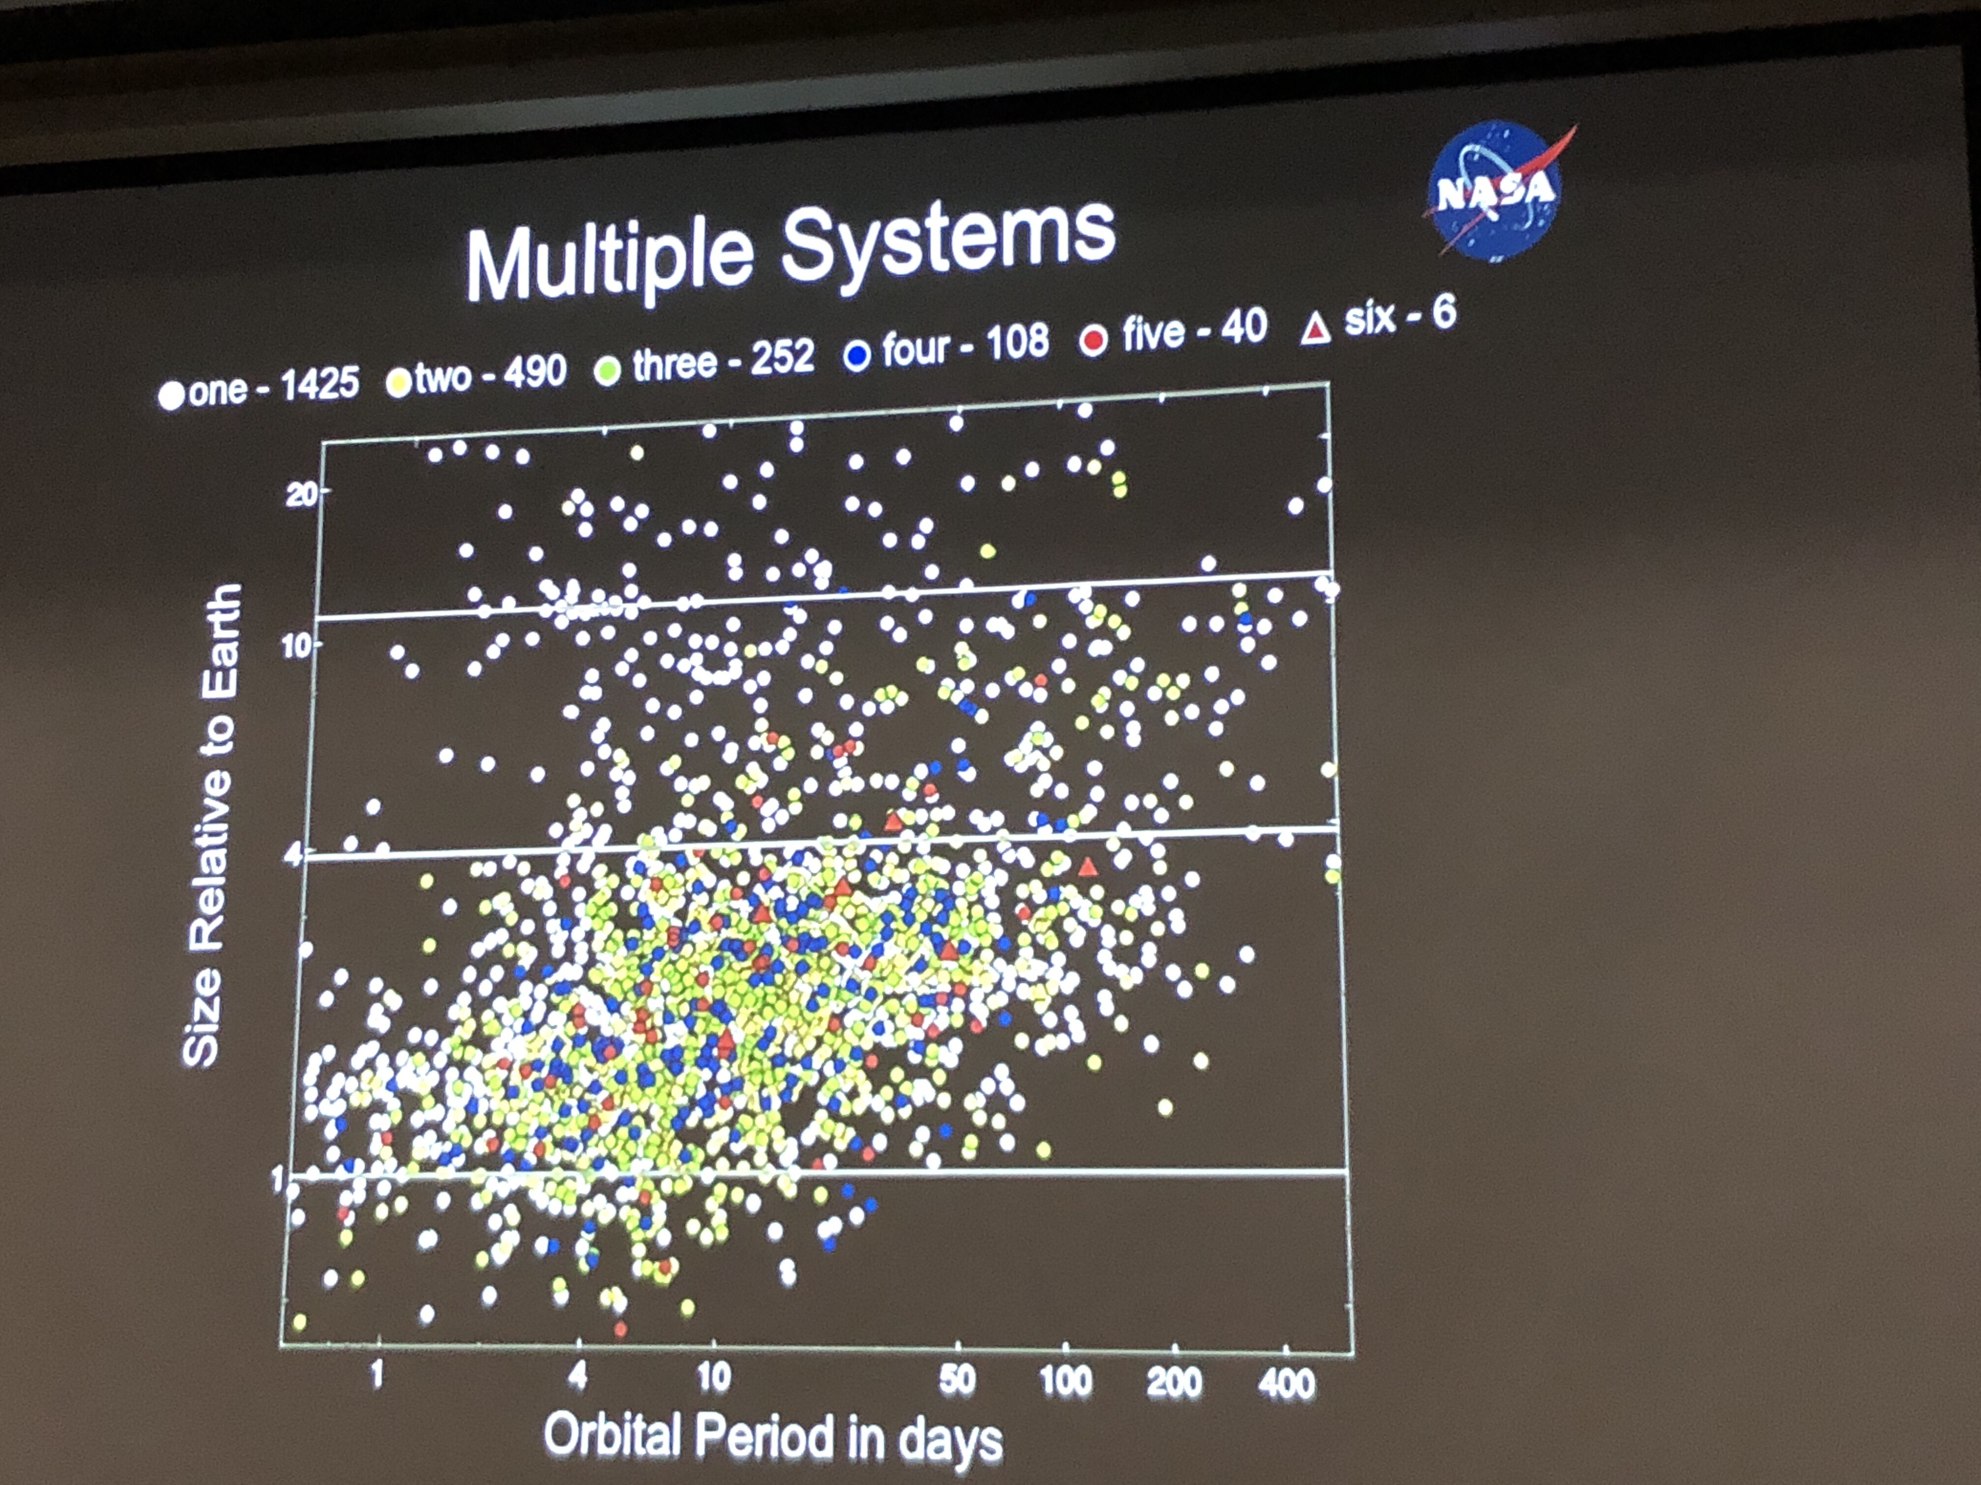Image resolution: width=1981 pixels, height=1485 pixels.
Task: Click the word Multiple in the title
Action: tap(609, 260)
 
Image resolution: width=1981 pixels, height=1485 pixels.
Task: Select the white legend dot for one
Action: tap(170, 395)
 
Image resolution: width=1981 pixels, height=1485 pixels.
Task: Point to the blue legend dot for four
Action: tap(856, 356)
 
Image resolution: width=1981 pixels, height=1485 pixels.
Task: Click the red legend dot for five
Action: tap(1093, 340)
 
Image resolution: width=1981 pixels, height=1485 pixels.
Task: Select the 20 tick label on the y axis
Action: tap(301, 494)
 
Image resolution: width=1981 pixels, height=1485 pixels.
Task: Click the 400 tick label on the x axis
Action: tap(1286, 1384)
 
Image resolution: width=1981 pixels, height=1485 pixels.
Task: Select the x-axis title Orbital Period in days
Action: tap(772, 1437)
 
